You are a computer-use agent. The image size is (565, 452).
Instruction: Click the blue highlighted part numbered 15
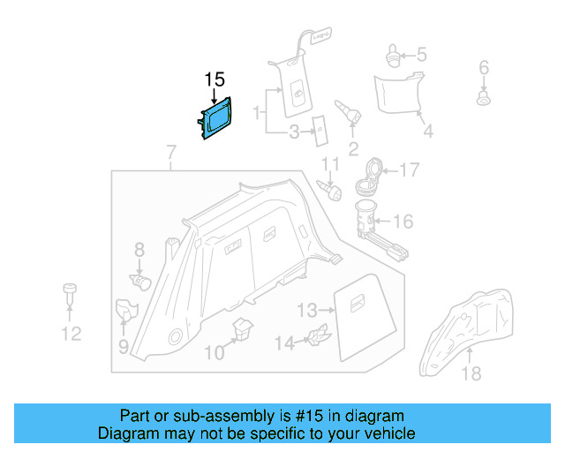tap(217, 119)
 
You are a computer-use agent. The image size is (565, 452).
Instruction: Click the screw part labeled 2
tap(349, 112)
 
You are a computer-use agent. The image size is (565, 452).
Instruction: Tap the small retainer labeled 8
tap(141, 281)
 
